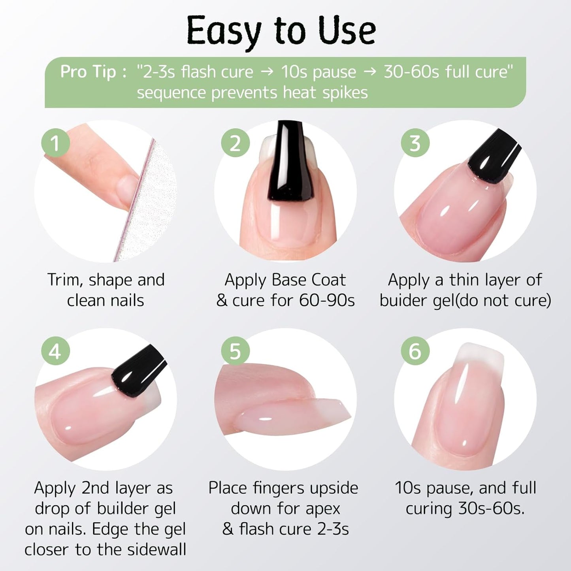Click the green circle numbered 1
pos(56,143)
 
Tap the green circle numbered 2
pos(235,143)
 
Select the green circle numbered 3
pos(415,143)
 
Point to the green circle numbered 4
pos(56,351)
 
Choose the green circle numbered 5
pos(235,351)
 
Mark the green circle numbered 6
pos(415,351)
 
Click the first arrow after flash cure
pos(268,72)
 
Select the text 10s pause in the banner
pos(318,72)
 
